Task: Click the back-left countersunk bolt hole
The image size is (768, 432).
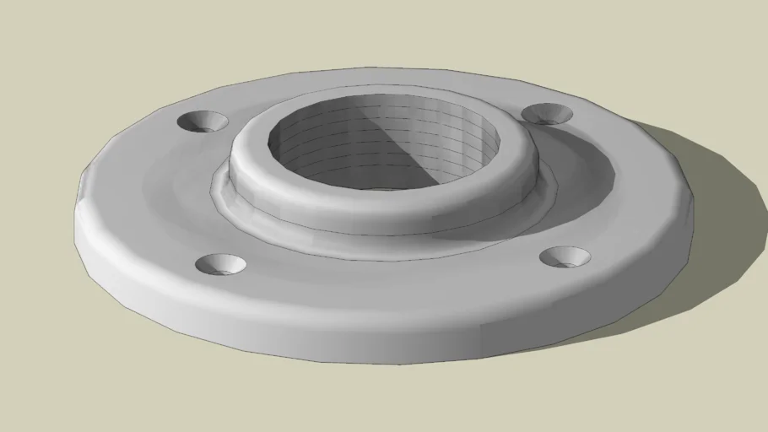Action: (x=203, y=121)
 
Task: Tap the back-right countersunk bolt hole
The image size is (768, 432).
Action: (x=547, y=113)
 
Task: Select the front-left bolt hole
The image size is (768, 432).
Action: (x=220, y=264)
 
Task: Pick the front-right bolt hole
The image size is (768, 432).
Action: (x=565, y=256)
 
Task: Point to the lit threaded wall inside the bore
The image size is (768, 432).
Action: (x=338, y=143)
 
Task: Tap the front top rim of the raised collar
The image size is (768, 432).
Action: (x=380, y=190)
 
